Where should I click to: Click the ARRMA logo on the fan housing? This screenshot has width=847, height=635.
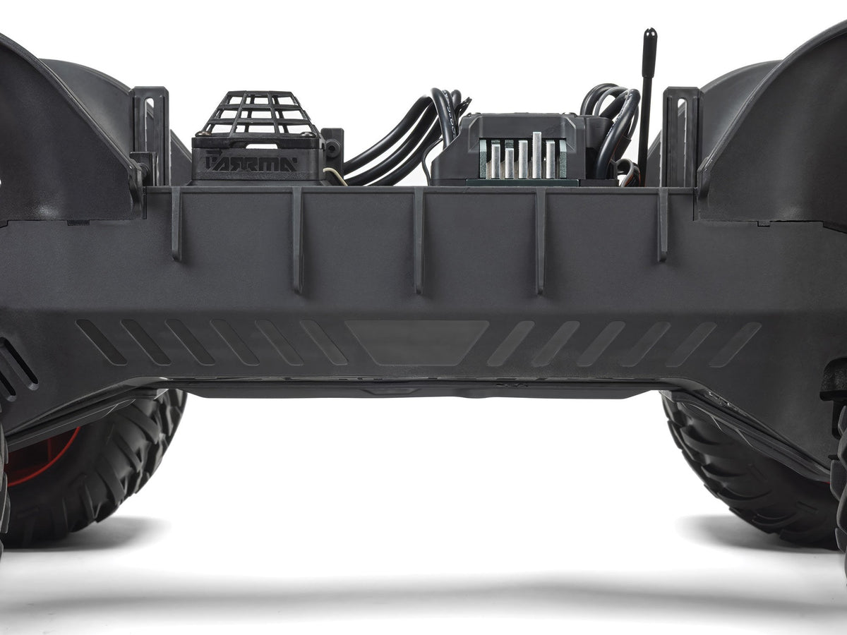(x=251, y=162)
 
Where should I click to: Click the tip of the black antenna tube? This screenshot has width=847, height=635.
(x=650, y=31)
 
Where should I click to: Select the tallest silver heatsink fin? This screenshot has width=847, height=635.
(x=536, y=155)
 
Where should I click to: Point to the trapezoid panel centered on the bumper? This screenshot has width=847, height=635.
(x=416, y=343)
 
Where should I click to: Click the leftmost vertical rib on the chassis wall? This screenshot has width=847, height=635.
(x=176, y=224)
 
